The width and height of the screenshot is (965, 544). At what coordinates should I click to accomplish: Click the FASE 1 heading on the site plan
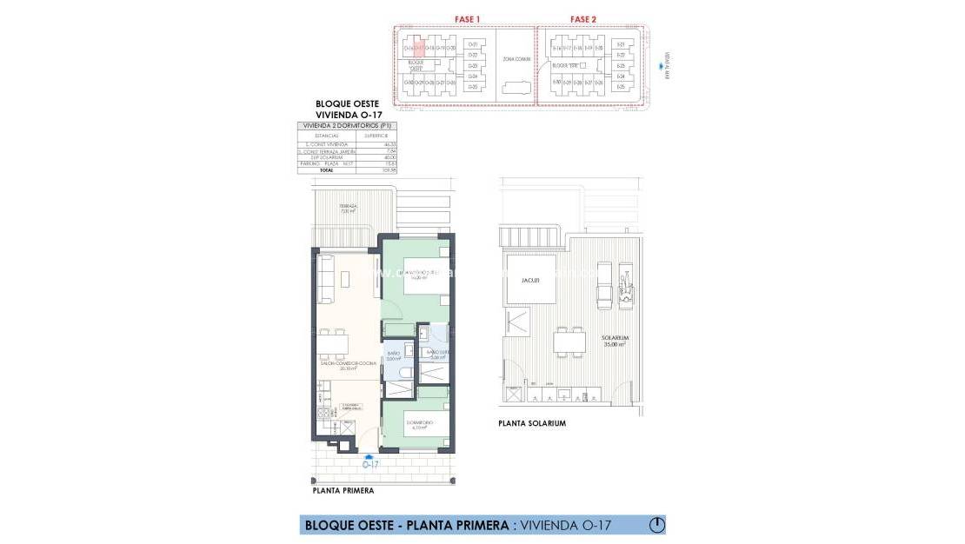tap(467, 18)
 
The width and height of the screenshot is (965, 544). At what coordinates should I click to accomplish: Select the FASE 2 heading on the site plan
tap(583, 18)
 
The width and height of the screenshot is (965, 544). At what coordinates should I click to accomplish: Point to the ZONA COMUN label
tap(515, 59)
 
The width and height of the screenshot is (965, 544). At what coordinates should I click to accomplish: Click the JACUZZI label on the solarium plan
tap(532, 280)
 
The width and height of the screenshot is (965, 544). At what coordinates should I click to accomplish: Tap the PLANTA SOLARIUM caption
tap(532, 423)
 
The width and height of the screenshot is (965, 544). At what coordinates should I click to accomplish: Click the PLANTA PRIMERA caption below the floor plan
tap(343, 490)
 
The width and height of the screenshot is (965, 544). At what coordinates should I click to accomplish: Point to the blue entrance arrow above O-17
tap(370, 455)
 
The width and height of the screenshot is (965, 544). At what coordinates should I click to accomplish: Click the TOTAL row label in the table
tap(326, 170)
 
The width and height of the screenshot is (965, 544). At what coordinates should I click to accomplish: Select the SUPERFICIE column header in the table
tap(376, 136)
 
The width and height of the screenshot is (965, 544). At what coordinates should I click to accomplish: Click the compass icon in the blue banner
tap(657, 525)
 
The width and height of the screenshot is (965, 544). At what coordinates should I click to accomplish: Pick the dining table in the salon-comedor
tap(331, 344)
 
